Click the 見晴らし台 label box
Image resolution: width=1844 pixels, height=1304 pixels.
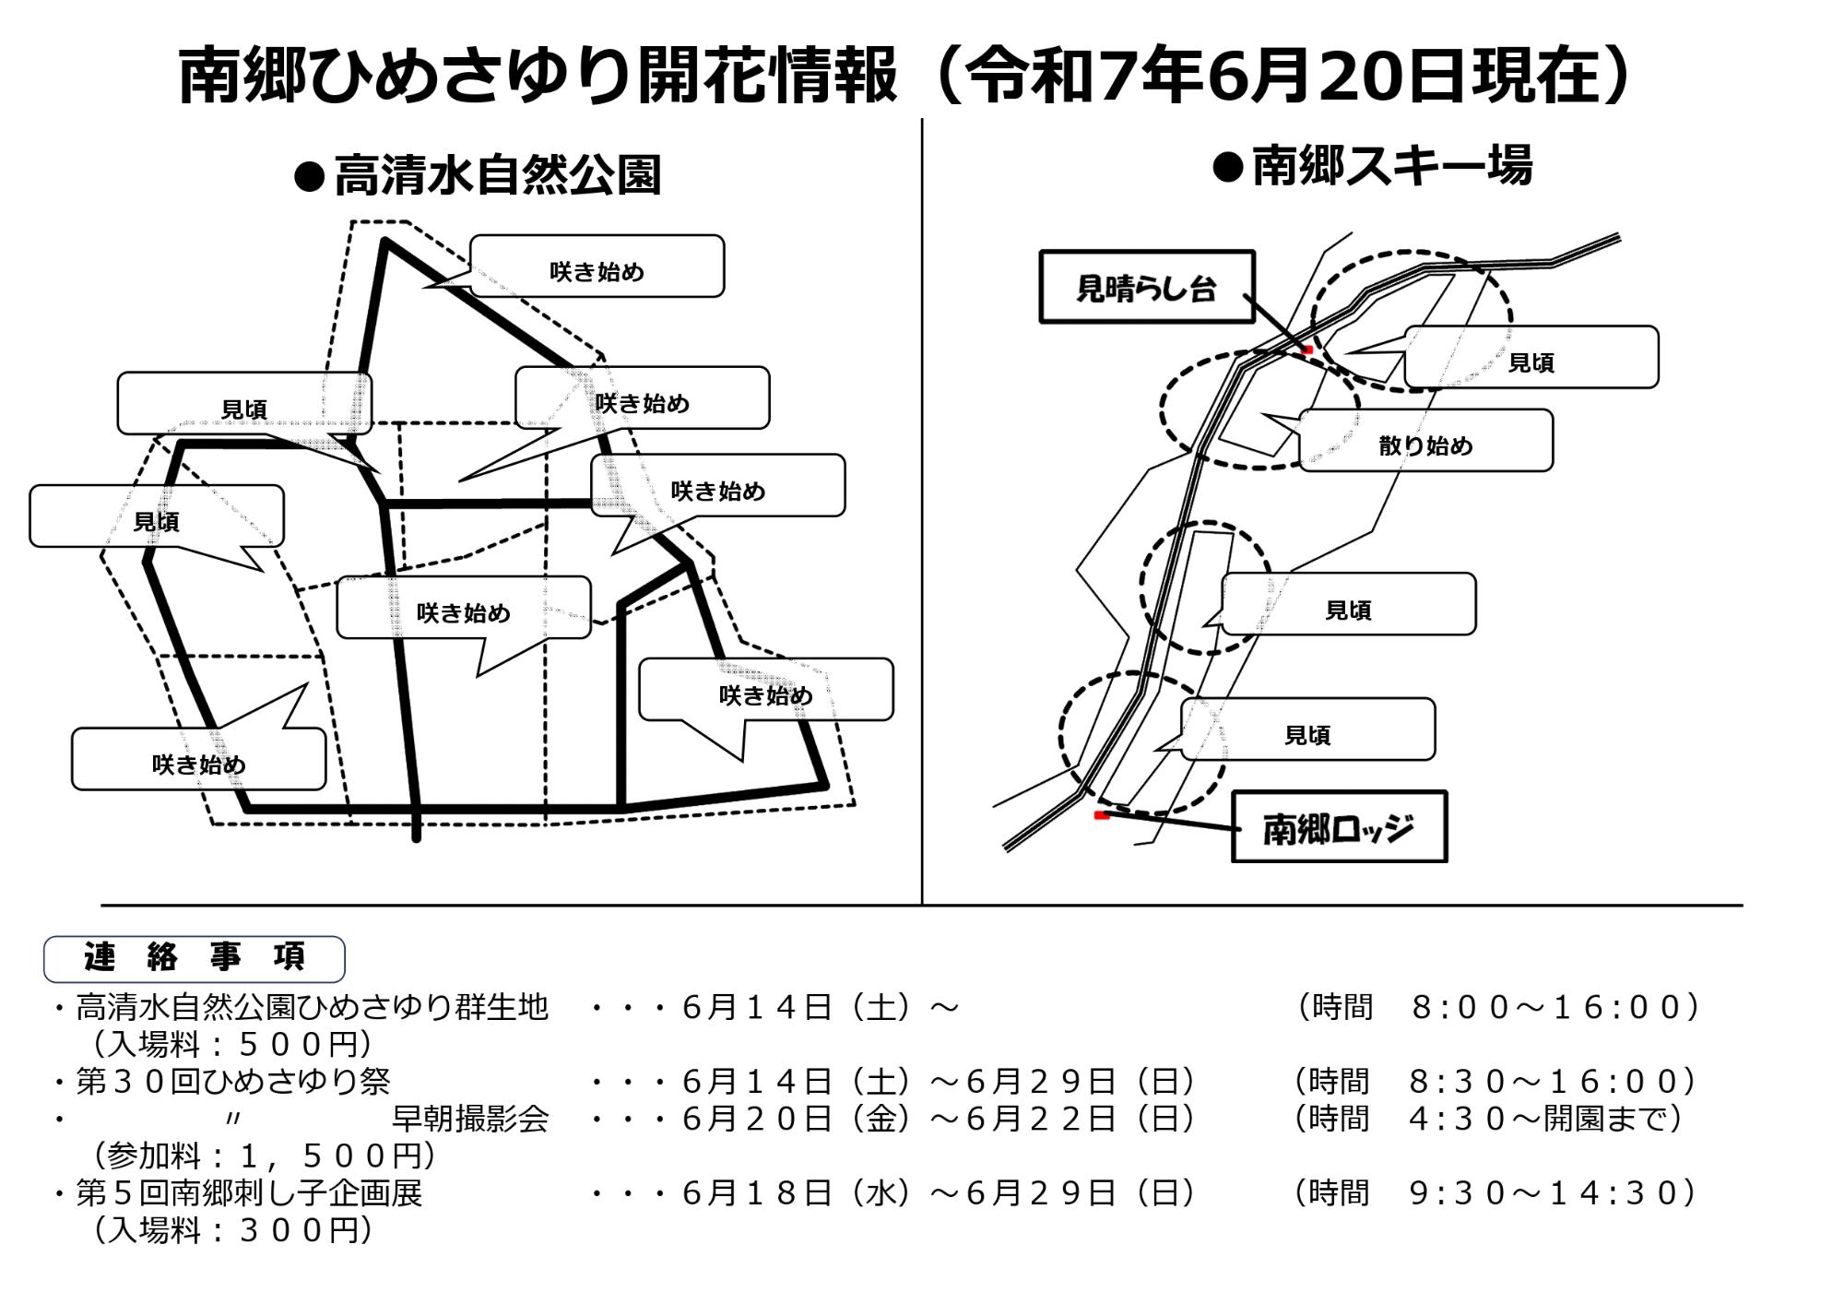pos(1147,287)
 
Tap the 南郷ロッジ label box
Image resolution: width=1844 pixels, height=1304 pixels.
pos(1339,826)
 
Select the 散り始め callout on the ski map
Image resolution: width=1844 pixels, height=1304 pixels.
pos(1425,441)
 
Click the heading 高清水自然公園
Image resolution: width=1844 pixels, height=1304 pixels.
pos(497,174)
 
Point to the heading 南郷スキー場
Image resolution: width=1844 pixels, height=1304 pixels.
pos(1392,166)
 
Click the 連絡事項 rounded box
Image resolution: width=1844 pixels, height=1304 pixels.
pos(195,958)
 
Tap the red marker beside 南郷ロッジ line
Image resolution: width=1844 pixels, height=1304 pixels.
pos(1101,815)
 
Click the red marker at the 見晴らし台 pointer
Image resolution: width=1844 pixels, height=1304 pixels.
pos(1306,350)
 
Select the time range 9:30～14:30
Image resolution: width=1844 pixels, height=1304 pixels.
pos(1554,1193)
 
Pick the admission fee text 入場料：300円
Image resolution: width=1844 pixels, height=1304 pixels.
pos(233,1230)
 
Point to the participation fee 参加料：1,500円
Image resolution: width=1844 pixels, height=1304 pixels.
pos(265,1156)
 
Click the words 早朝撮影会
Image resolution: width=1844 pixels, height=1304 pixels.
pos(470,1119)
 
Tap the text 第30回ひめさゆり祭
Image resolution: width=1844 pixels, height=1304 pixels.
pos(233,1081)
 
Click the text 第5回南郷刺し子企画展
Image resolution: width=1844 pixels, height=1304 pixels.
pos(249,1193)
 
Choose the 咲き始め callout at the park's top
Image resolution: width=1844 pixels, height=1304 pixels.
pos(597,267)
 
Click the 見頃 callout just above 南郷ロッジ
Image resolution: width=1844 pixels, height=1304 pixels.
pos(1307,729)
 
